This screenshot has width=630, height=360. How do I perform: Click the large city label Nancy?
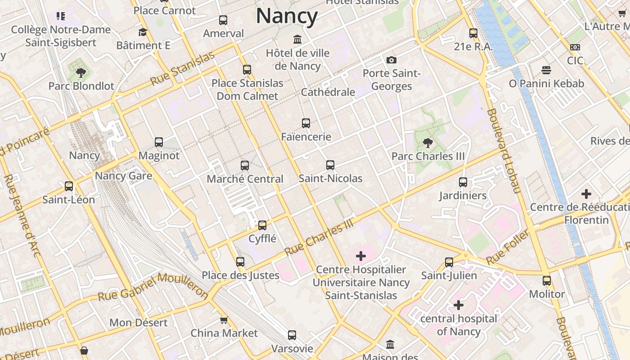point(287,16)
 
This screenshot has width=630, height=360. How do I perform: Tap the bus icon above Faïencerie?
point(306,123)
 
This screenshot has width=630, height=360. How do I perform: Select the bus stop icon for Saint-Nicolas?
point(330,165)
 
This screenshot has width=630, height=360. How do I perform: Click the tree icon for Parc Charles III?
point(428,143)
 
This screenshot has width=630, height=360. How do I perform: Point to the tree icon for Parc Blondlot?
point(81,72)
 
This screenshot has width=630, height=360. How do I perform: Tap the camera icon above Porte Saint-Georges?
point(391,60)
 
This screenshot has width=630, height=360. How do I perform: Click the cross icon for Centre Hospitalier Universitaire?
point(360,256)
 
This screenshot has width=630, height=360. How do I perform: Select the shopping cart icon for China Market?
point(224,320)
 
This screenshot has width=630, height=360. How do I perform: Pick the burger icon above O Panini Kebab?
point(546,70)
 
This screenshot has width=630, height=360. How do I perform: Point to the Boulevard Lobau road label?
point(504,150)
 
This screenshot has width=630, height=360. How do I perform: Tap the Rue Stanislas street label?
point(182,69)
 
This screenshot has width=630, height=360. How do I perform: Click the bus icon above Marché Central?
point(245,166)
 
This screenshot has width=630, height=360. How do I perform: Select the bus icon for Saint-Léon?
point(69,186)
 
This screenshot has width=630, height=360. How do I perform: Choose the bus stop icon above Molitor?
point(547,281)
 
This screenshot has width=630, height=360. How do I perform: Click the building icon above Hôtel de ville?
point(297,39)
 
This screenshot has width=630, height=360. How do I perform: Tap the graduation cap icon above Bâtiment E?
point(143,32)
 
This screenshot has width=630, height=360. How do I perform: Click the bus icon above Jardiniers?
point(463,182)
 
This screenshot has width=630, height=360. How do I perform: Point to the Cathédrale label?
point(328,92)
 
